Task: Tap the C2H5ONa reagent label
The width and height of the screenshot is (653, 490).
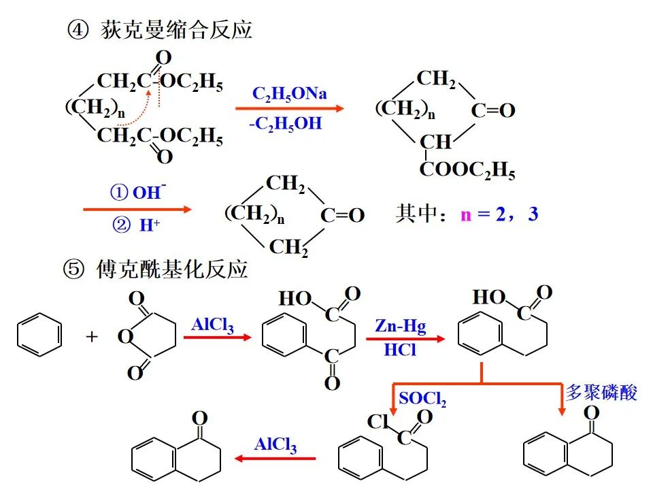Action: tap(289, 93)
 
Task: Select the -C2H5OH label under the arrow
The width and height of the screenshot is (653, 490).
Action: tap(285, 125)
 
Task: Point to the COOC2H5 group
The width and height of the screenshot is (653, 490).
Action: tap(467, 170)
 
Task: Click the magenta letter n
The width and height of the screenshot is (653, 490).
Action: tap(465, 215)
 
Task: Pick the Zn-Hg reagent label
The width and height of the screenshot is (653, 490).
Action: tap(400, 326)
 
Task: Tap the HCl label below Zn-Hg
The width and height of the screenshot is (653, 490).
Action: tap(400, 350)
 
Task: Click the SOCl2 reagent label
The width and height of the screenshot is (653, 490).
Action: tap(422, 399)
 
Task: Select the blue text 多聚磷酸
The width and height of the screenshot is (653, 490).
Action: tap(601, 393)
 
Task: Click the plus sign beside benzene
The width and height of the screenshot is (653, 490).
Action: tap(92, 336)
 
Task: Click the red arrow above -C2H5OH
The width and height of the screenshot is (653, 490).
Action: tap(290, 109)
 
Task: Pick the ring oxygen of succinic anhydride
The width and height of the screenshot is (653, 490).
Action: tap(124, 336)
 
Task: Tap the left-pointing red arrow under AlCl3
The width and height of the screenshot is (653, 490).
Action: tap(275, 459)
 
